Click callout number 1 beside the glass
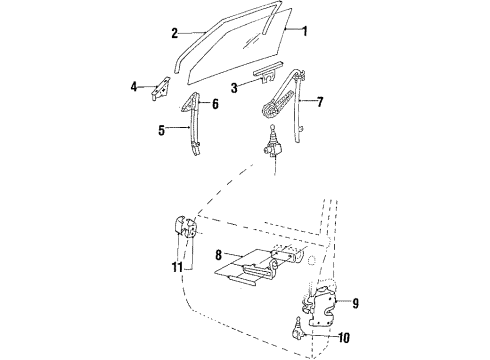point(304,31)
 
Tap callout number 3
point(232,87)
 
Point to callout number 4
point(133,88)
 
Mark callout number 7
point(320,101)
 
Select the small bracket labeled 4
point(155,89)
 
